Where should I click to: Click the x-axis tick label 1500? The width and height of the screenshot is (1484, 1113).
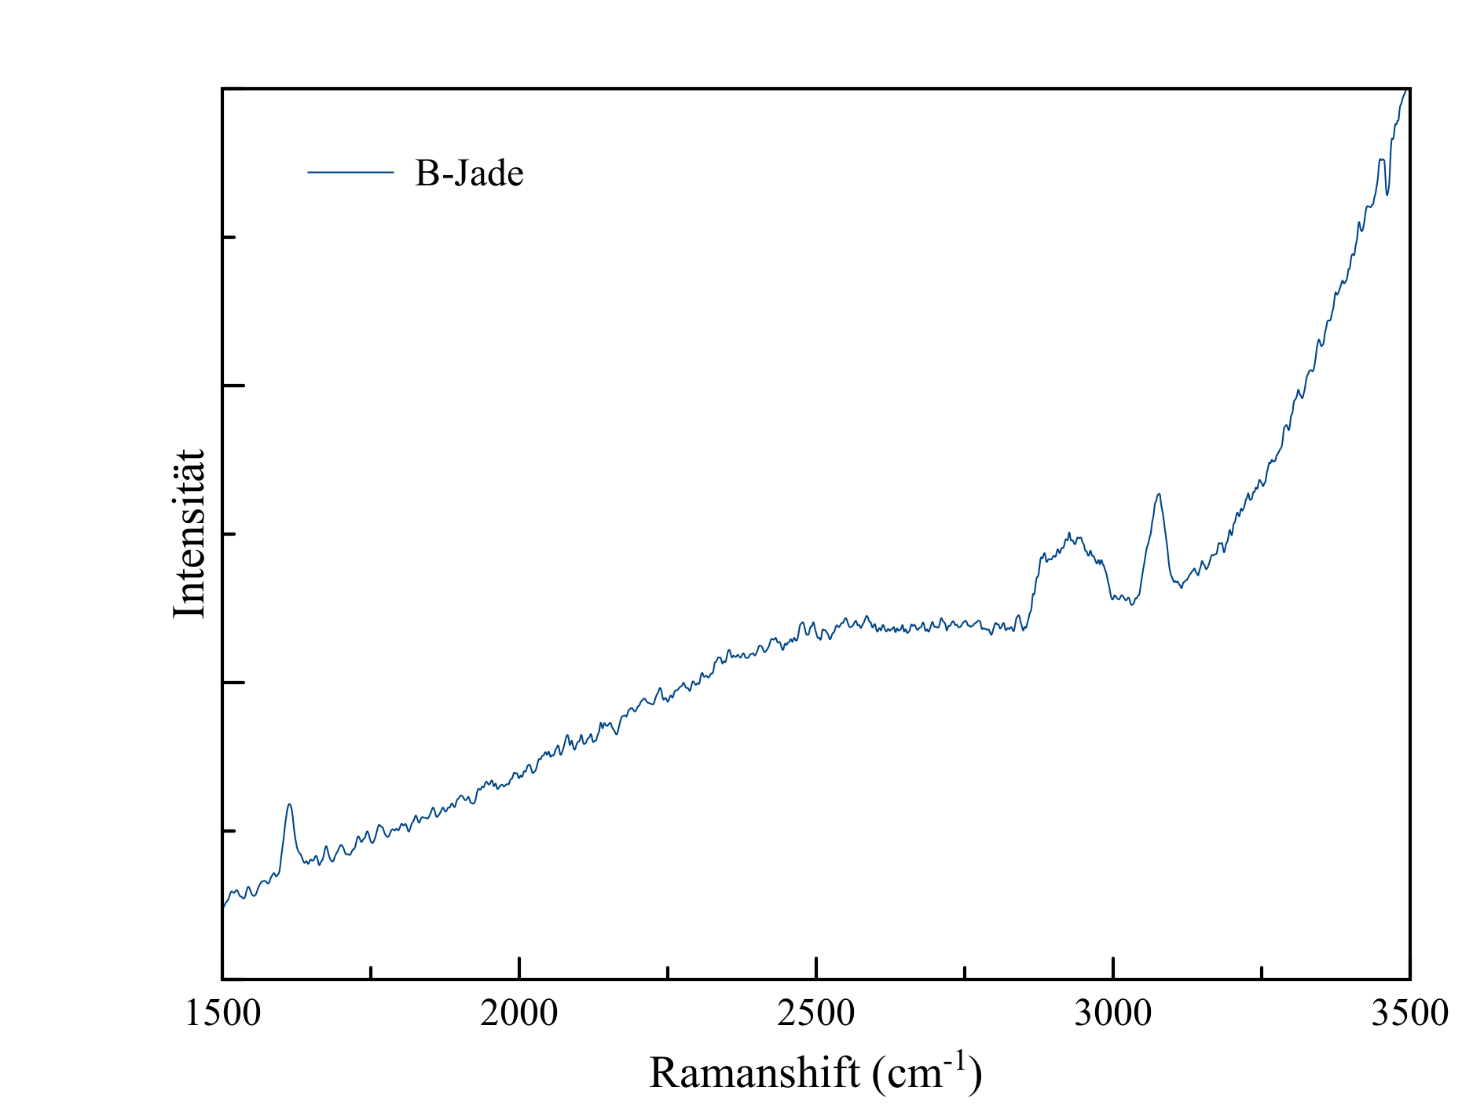(222, 1013)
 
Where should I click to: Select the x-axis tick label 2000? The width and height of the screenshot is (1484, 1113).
(519, 1013)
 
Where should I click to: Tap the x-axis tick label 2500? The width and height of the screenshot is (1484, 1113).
(816, 1013)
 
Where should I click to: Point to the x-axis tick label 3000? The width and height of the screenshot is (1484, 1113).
(1113, 1013)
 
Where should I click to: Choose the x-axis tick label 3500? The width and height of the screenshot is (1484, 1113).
(1409, 1013)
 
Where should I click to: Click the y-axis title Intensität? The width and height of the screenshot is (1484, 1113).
(189, 534)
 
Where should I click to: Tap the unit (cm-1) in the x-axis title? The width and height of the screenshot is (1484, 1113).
(927, 1072)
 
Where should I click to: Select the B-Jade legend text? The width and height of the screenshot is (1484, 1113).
(469, 173)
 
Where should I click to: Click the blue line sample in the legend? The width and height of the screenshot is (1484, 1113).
(350, 171)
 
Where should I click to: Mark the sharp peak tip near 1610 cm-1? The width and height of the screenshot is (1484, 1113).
(290, 804)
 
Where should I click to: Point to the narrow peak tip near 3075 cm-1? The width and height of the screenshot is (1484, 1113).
(1159, 494)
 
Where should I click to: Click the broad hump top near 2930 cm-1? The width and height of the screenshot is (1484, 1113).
(1069, 534)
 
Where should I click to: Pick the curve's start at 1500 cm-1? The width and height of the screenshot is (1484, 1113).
(223, 907)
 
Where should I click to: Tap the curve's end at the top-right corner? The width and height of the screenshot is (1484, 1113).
(1406, 90)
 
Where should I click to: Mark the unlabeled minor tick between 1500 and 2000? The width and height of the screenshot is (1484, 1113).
(371, 972)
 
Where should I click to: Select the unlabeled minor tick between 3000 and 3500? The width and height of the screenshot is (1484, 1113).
(1262, 972)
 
